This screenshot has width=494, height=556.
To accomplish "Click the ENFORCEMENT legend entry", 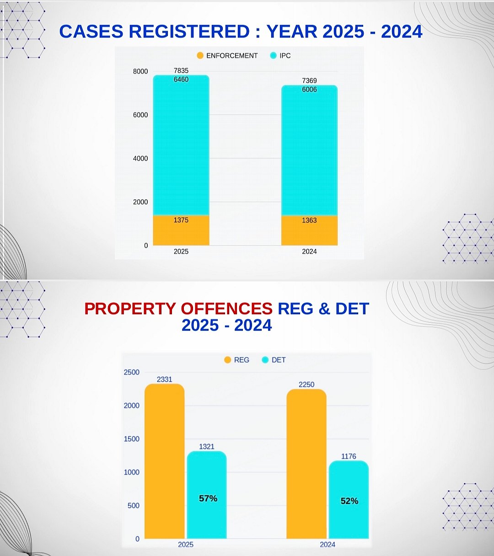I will (227, 56).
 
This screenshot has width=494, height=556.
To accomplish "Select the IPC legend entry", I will (280, 56).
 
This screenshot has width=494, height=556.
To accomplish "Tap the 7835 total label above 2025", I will (181, 70).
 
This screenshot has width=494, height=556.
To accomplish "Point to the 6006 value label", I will (309, 90).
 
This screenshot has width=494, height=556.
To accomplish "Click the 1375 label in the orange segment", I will (181, 220).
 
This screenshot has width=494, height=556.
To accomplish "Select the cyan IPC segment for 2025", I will (181, 146).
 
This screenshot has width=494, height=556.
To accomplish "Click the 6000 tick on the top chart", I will (140, 115).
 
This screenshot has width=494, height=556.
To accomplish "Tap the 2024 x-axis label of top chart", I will (309, 251).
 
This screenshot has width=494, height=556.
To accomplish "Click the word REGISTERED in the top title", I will (189, 32).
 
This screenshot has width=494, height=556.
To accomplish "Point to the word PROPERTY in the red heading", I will (130, 309).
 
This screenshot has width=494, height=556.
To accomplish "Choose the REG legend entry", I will (237, 360).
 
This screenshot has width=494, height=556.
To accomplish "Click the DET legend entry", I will (274, 360).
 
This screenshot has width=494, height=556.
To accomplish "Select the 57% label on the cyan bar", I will (208, 498).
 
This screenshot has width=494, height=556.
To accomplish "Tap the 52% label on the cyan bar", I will (349, 501).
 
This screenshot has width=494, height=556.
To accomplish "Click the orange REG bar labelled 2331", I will (165, 462).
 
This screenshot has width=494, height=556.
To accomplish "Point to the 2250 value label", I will (306, 385).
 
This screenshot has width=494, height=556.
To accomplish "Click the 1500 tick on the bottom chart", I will (131, 439).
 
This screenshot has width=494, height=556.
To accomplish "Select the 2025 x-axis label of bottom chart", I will (186, 545).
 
